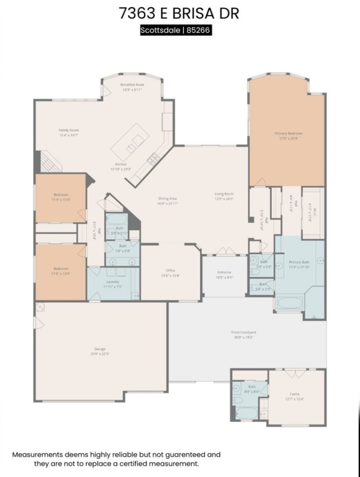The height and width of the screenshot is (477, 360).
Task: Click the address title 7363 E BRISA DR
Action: click(x=179, y=13)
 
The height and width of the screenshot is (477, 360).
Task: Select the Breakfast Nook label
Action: click(x=132, y=85)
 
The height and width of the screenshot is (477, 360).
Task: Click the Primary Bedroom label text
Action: click(x=288, y=134)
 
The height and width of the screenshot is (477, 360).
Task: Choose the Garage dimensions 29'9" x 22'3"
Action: click(x=100, y=354)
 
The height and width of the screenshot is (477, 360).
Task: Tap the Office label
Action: click(x=171, y=270)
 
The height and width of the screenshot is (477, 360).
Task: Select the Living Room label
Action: click(x=224, y=194)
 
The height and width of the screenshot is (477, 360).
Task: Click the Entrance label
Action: click(x=224, y=272)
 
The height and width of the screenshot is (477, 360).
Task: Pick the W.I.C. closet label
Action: click(x=310, y=213)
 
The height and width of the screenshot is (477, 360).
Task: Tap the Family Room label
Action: click(x=68, y=130)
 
